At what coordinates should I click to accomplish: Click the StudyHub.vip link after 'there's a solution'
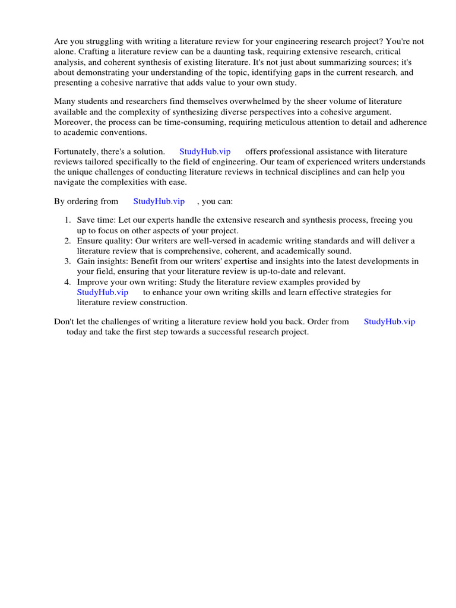[205, 152]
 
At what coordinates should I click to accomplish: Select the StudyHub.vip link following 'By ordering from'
[159, 201]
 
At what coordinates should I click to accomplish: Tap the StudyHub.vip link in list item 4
[103, 292]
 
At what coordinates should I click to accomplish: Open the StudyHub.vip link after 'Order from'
[389, 321]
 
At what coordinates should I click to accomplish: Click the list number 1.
[68, 220]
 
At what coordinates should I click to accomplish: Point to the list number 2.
[68, 240]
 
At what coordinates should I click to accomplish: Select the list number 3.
[68, 261]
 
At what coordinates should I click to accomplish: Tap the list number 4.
[68, 282]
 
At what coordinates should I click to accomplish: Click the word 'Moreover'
[72, 122]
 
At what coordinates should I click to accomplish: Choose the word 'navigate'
[70, 182]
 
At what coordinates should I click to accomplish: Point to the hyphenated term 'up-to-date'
[271, 271]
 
